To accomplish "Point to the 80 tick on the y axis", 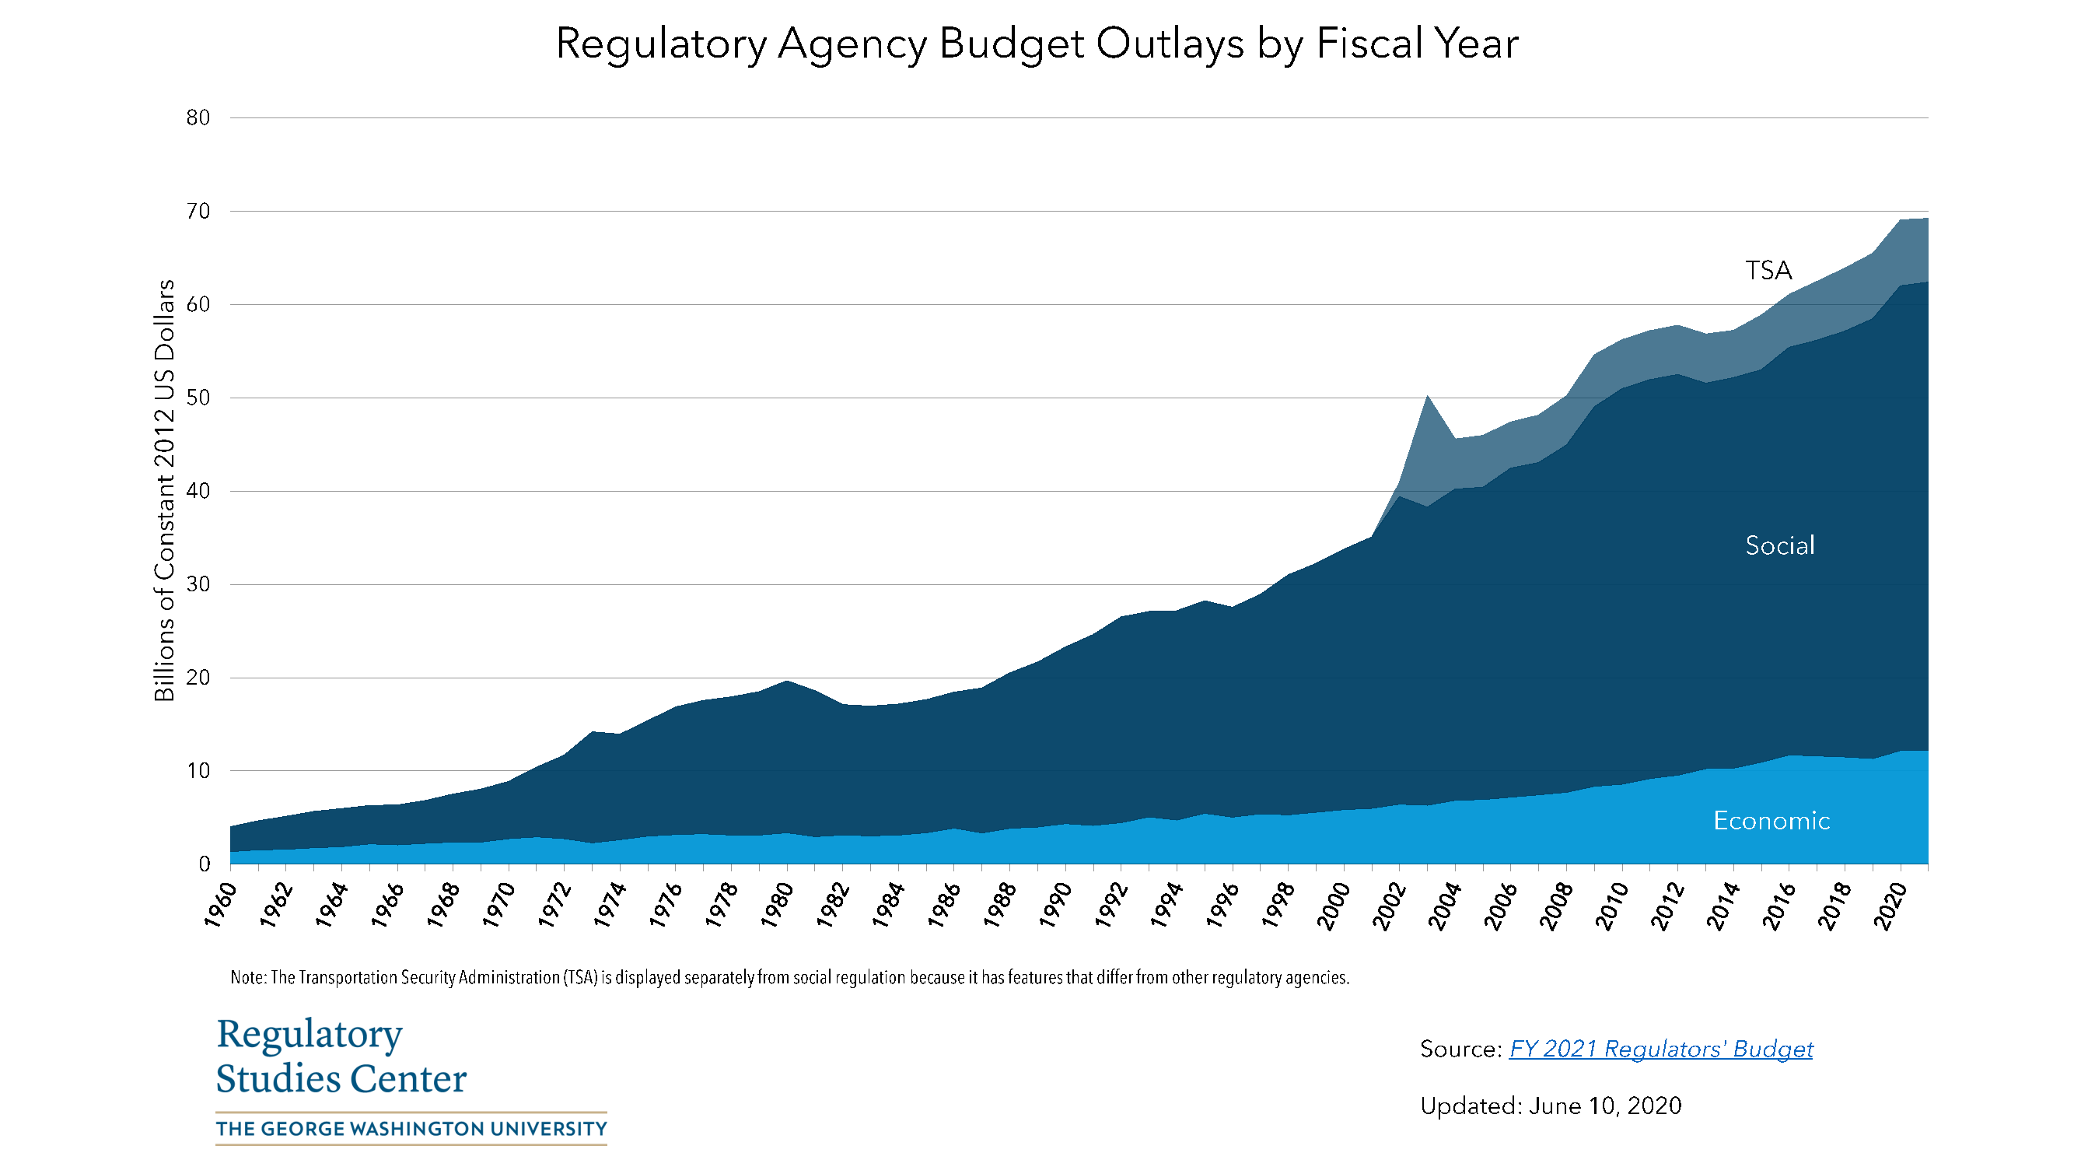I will (x=198, y=117).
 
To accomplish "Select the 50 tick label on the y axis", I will (x=198, y=398).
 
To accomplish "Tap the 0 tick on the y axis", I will (x=204, y=864).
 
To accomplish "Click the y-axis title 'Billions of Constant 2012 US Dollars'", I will (x=164, y=490).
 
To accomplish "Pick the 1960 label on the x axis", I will (x=221, y=905).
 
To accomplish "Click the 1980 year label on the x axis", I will (x=778, y=905).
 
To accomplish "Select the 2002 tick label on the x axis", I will (x=1390, y=906).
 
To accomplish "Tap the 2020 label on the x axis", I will (x=1891, y=906).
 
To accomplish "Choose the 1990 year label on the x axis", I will (x=1056, y=905).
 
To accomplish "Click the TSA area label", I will (x=1768, y=271).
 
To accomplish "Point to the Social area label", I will (x=1779, y=546).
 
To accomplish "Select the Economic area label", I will (x=1771, y=821).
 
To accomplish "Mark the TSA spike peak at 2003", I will (x=1428, y=396).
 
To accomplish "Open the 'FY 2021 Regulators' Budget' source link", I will (x=1660, y=1049).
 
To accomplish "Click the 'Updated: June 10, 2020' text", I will (x=1550, y=1106).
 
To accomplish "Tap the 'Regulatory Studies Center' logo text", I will (x=341, y=1056).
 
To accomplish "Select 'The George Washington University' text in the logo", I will (x=411, y=1128).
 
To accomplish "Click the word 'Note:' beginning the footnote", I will (x=248, y=978).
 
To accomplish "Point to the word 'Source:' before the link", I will (x=1460, y=1049).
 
